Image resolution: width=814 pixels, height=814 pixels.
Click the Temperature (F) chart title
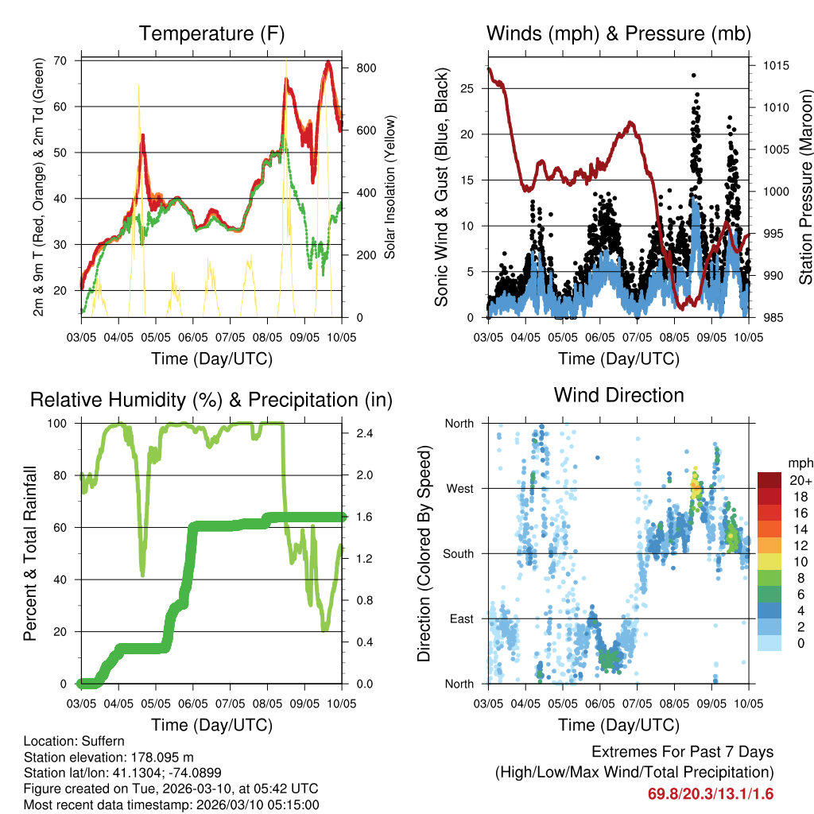(x=211, y=33)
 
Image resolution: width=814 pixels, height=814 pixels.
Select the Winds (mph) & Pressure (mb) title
(x=618, y=33)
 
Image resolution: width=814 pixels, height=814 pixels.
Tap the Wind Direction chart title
(x=618, y=394)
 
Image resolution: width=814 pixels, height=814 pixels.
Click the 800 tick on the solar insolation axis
(x=366, y=68)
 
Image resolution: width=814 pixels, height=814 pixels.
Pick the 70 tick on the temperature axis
(x=60, y=60)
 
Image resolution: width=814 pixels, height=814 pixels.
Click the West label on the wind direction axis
(x=459, y=489)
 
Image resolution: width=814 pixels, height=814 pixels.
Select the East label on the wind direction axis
(x=461, y=619)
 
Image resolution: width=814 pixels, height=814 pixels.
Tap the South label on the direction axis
(x=459, y=554)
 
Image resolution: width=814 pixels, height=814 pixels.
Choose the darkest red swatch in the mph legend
(x=769, y=480)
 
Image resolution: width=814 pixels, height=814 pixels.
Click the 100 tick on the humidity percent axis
(x=57, y=424)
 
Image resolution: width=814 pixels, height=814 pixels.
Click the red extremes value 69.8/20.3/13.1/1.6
(x=711, y=794)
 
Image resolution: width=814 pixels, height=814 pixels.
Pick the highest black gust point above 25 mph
(x=694, y=75)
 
